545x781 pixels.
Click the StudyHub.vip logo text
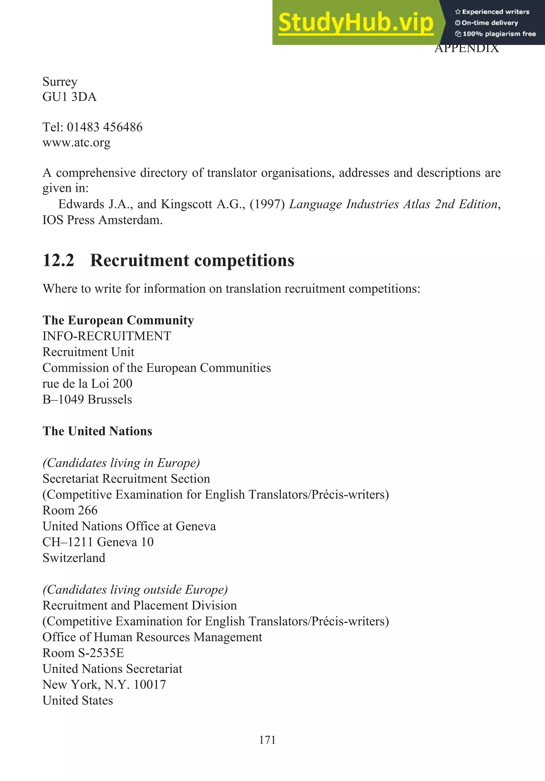point(356,23)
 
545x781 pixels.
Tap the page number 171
point(267,740)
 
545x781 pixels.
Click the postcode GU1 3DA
point(69,97)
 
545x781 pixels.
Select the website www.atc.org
point(76,142)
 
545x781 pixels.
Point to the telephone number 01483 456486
point(105,127)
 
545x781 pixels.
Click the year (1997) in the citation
point(267,204)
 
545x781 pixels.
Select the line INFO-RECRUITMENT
point(107,336)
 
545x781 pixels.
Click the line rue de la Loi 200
point(87,384)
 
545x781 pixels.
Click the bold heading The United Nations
point(97,431)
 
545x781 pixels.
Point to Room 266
point(70,511)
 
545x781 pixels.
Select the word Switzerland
point(74,558)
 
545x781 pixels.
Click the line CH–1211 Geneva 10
point(98,542)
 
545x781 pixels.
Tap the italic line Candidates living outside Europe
point(135,590)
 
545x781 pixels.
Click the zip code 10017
point(150,685)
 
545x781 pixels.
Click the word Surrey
point(60,82)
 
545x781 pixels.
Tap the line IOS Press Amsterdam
point(102,220)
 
